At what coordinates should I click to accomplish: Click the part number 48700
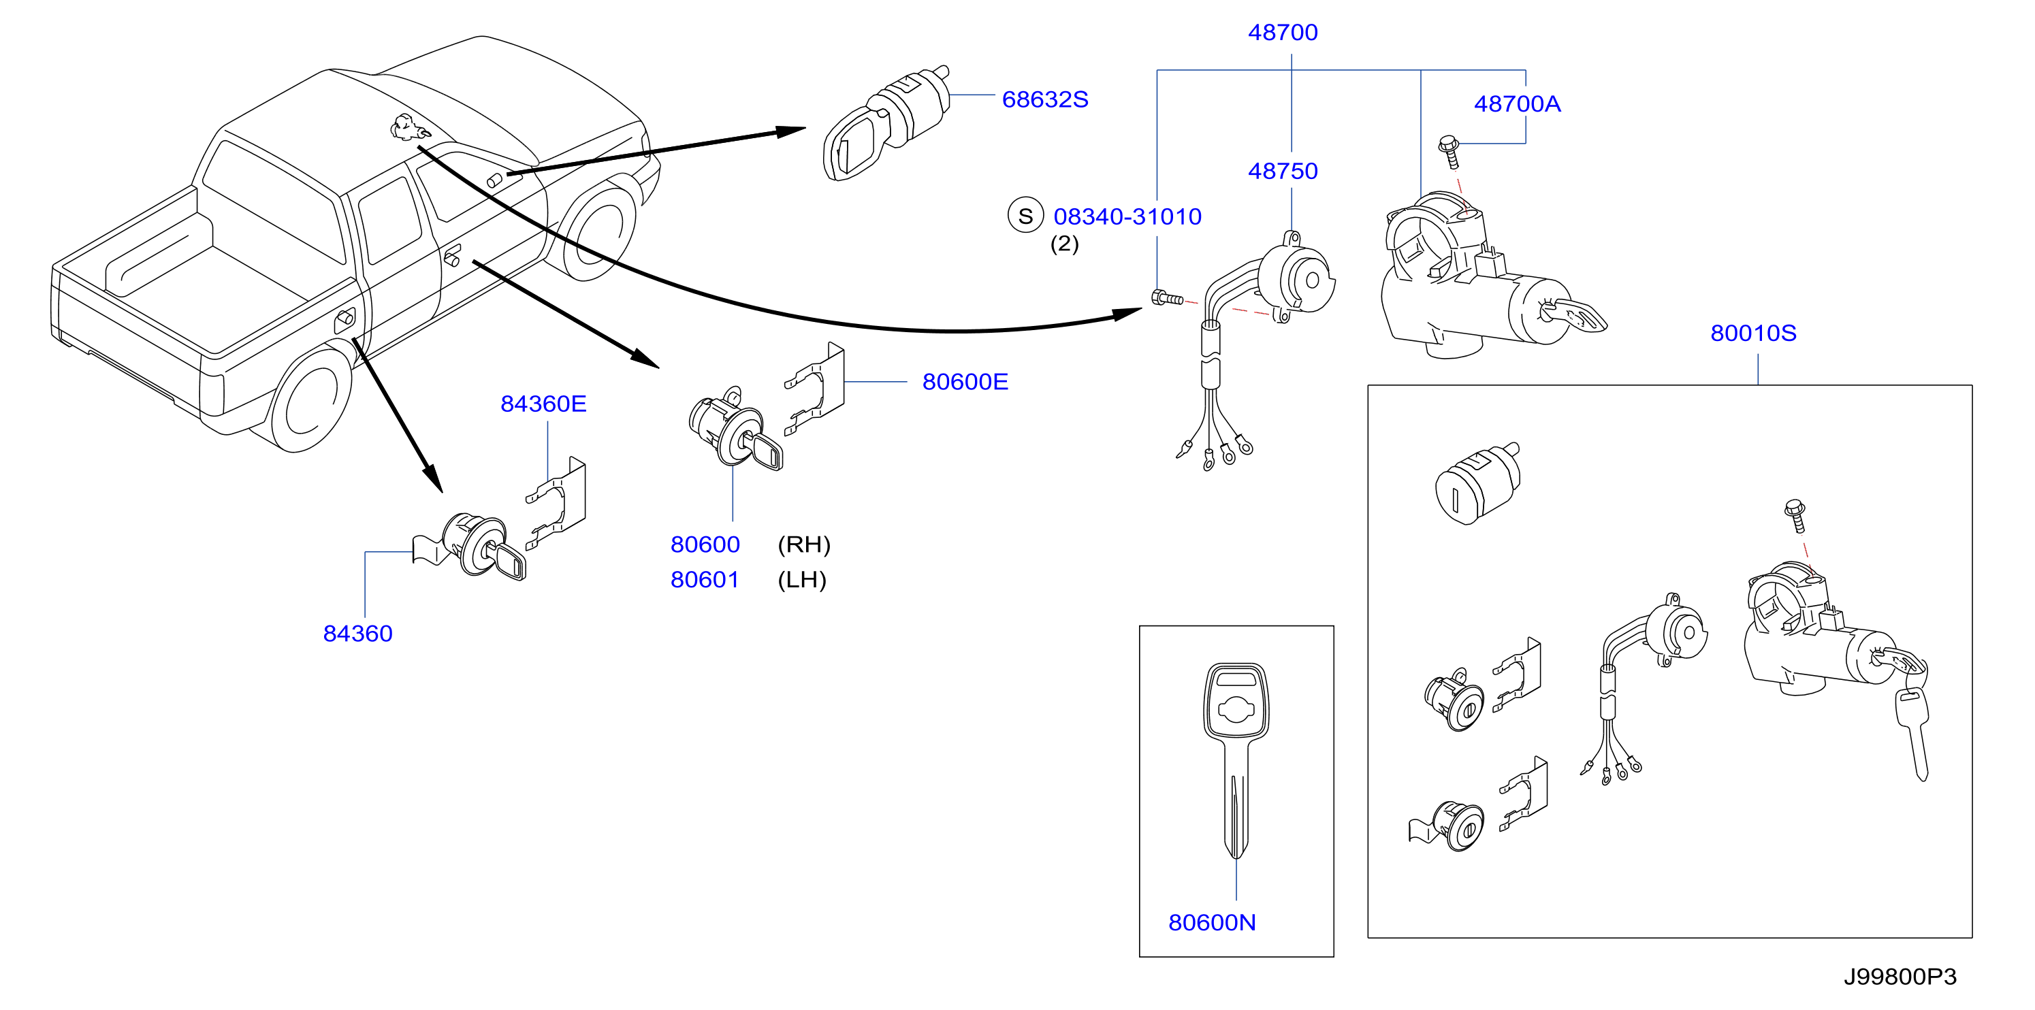tap(1282, 33)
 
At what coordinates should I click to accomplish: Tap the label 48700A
tap(1517, 103)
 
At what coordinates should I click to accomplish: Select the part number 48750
tap(1282, 171)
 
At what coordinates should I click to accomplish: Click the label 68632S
tap(1044, 99)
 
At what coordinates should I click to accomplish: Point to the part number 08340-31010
tap(1127, 216)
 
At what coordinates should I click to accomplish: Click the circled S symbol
tap(1025, 216)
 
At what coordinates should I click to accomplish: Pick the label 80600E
tap(965, 382)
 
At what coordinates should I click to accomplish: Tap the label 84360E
tap(543, 404)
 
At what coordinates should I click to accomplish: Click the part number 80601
tap(705, 580)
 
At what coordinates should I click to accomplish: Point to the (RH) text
tap(803, 544)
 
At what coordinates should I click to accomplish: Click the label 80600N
tap(1212, 922)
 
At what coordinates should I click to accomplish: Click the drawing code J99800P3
tap(1900, 977)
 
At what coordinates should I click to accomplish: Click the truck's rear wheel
tap(310, 399)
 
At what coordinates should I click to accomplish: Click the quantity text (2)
tap(1064, 244)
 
